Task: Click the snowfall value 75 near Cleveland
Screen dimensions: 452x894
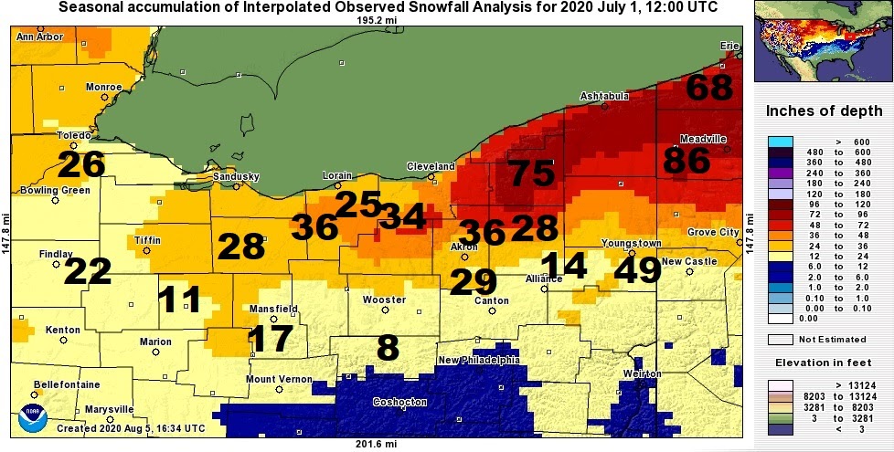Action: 531,173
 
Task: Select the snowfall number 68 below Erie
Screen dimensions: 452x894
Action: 709,89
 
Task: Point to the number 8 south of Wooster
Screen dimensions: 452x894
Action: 388,348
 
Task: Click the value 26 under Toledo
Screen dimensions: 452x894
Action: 81,165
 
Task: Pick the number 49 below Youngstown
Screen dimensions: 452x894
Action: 638,269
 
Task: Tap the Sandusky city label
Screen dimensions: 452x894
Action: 236,176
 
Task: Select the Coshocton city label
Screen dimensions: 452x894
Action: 399,402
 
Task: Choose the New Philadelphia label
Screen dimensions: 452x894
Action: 479,360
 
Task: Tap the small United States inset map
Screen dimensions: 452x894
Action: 819,44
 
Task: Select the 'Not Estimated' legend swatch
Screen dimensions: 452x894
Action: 779,339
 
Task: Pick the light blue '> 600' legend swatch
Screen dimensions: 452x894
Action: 779,142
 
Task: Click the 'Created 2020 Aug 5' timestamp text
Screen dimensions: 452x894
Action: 135,427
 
